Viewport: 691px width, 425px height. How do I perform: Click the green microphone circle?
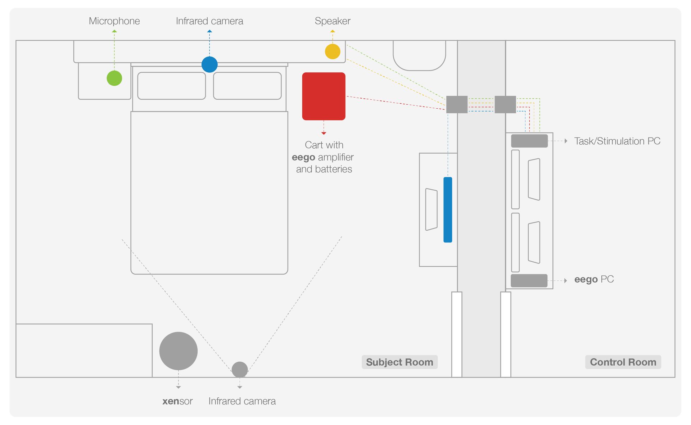click(x=114, y=78)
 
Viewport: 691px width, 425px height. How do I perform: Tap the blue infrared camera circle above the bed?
click(x=209, y=64)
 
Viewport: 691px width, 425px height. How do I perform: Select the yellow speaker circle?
click(x=333, y=51)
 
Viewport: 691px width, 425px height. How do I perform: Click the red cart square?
click(x=324, y=96)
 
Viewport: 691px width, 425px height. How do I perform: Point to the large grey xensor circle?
click(x=179, y=351)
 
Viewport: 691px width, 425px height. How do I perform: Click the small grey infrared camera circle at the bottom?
click(x=240, y=370)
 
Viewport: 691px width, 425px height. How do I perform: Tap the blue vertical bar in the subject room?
click(x=448, y=209)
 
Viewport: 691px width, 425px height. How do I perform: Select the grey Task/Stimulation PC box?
click(x=529, y=141)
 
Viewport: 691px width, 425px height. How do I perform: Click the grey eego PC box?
click(x=529, y=281)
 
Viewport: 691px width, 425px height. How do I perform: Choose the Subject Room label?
click(x=399, y=362)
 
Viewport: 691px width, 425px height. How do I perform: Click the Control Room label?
click(x=623, y=362)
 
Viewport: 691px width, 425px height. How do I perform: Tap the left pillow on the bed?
click(x=172, y=86)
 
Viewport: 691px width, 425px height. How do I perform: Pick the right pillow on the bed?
click(x=247, y=86)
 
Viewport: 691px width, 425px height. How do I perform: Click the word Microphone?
click(x=114, y=21)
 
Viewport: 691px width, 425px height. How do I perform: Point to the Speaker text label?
click(x=333, y=21)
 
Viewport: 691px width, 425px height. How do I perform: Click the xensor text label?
click(x=177, y=401)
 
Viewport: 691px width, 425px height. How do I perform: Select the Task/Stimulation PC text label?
click(x=617, y=141)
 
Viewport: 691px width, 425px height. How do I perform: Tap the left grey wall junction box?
click(x=457, y=104)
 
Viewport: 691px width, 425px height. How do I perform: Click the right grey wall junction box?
click(x=505, y=104)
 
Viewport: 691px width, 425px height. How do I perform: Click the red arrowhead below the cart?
click(x=324, y=133)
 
